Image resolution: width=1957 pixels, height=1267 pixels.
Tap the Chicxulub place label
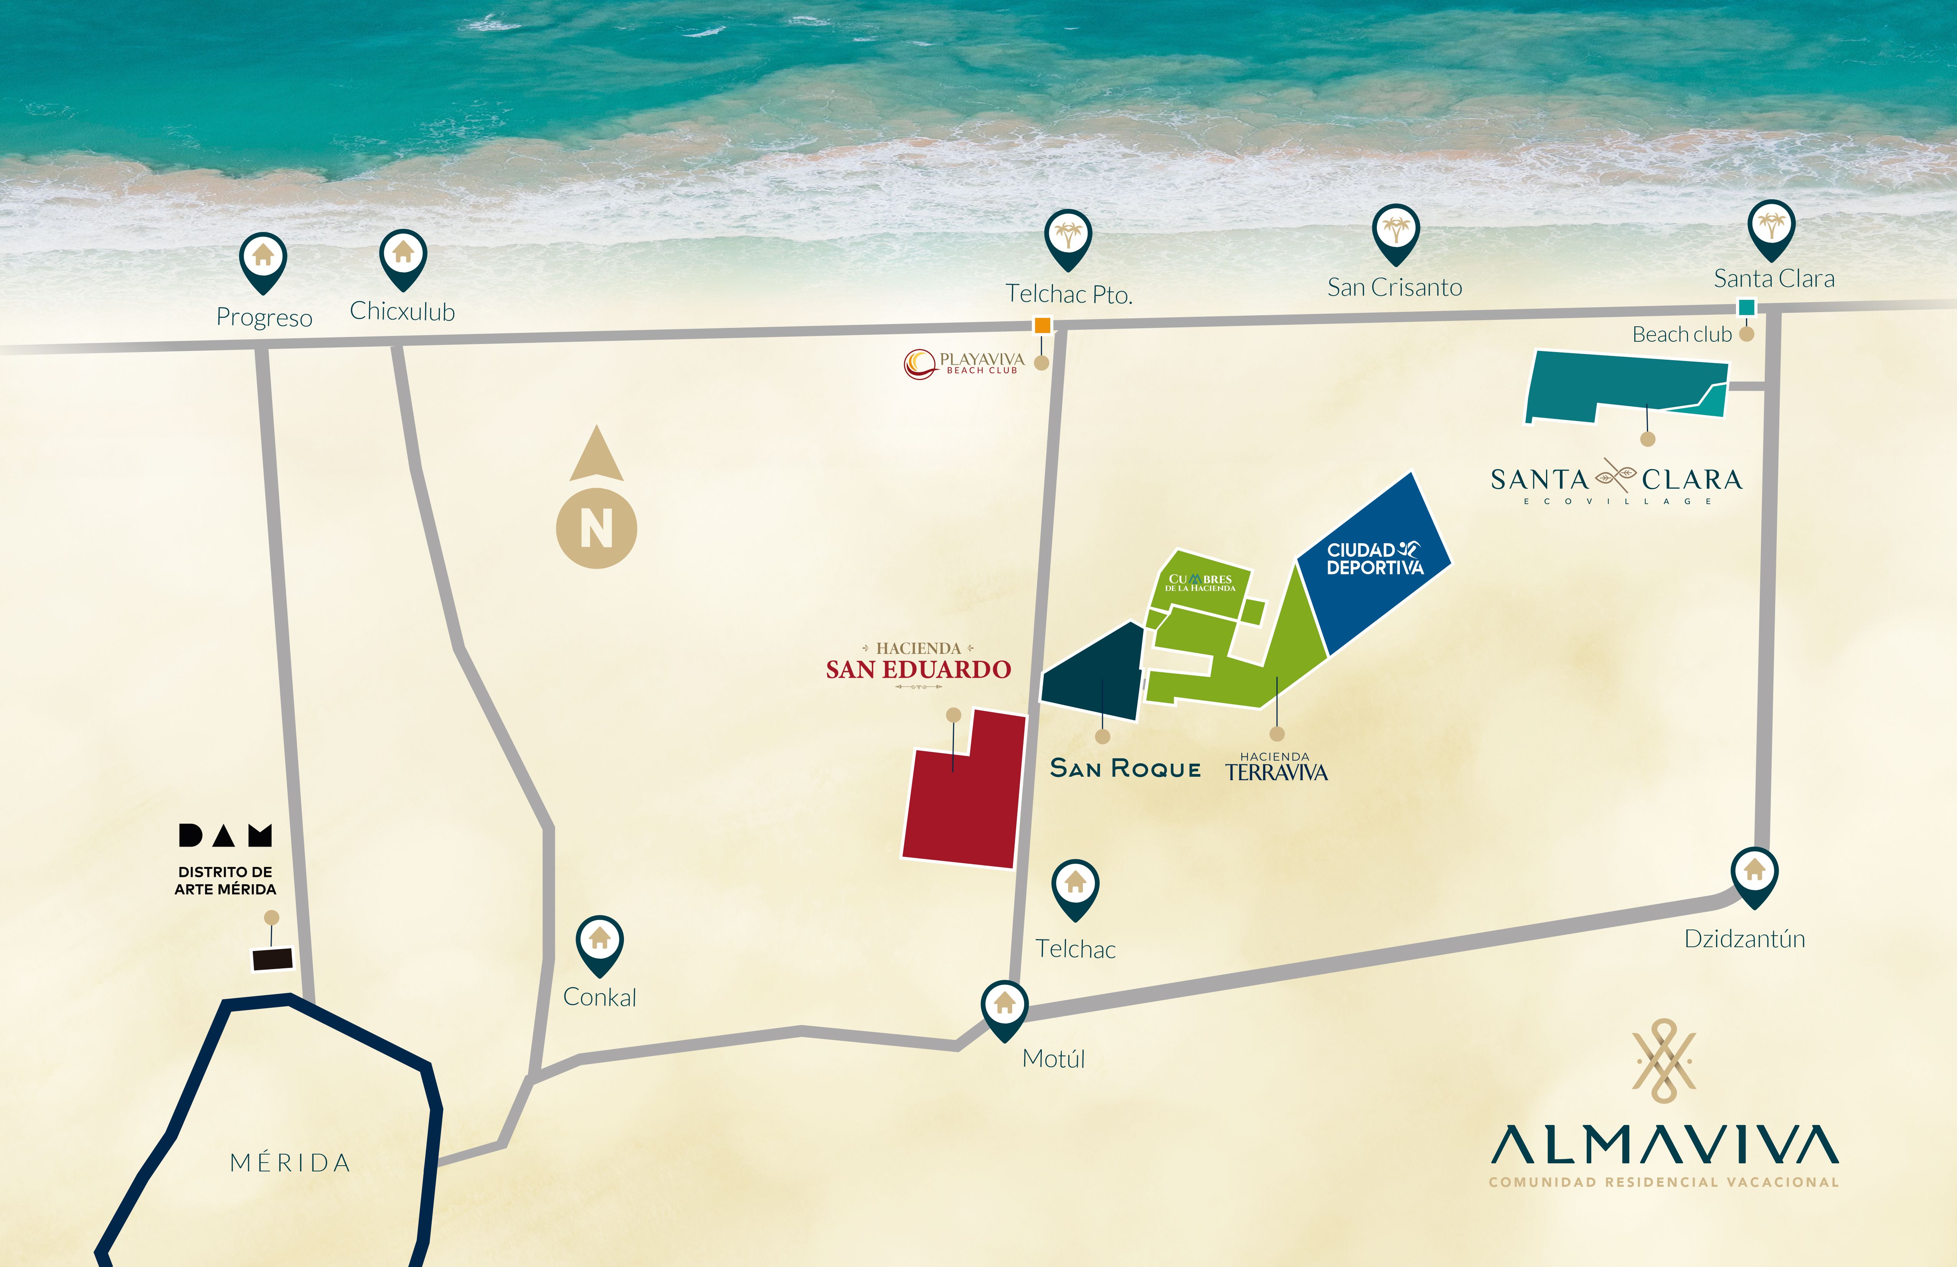pos(402,312)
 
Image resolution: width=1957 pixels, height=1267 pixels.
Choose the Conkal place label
pos(599,997)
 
